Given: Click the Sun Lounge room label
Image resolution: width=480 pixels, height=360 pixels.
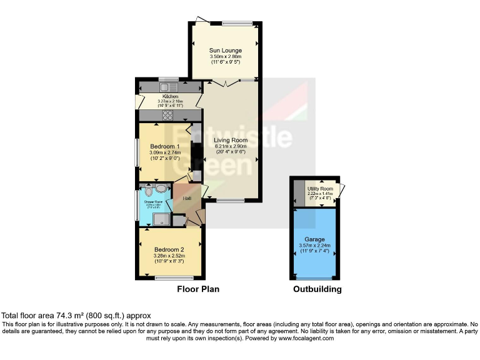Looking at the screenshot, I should tap(226, 50).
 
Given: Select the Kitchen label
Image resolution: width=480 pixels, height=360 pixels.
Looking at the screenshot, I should tap(171, 97).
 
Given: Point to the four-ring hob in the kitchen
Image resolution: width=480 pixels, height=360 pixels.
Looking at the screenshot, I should tap(168, 114).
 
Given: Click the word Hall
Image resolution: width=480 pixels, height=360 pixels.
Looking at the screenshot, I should tap(187, 199).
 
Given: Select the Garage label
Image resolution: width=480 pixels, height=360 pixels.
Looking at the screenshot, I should tap(315, 239).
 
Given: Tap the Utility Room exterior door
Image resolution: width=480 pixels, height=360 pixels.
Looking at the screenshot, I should tap(342, 190).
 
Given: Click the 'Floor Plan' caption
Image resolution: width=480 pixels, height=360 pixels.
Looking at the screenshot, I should tap(198, 289).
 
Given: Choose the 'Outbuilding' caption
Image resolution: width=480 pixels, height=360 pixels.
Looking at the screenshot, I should tap(317, 289).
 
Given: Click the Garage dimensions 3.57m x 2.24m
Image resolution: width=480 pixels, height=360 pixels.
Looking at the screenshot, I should tap(315, 246).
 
